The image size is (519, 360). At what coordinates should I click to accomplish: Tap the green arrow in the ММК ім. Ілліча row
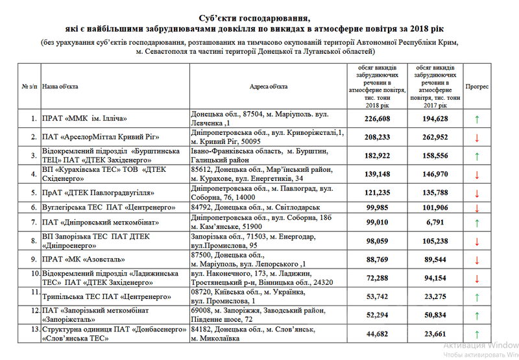click(x=477, y=119)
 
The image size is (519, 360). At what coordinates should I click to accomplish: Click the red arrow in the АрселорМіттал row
click(x=477, y=138)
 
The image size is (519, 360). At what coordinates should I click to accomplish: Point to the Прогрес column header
click(x=477, y=86)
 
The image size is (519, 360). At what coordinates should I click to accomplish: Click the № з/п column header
click(x=29, y=86)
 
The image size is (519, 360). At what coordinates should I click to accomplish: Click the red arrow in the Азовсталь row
click(x=477, y=259)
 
